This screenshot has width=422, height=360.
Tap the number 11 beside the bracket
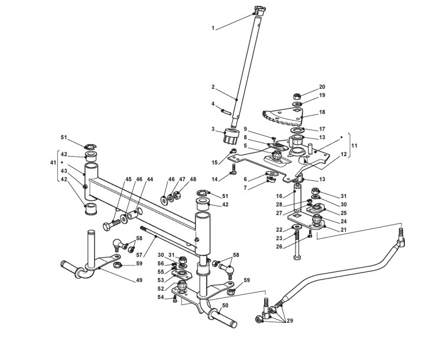(x=353, y=145)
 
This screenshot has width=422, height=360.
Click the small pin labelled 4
(x=226, y=109)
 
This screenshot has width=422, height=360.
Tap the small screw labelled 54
(x=175, y=300)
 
